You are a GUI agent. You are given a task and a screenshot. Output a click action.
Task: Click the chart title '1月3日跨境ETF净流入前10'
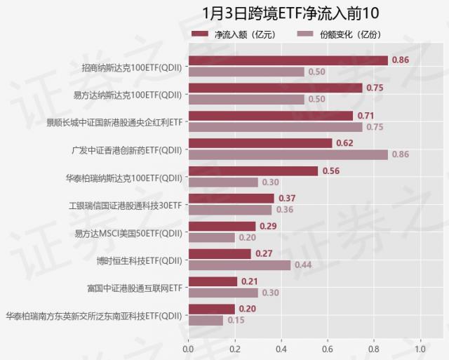(x=280, y=13)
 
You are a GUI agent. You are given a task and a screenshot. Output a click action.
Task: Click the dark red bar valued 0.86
(x=288, y=60)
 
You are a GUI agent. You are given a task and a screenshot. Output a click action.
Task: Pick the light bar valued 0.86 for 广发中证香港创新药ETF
(x=288, y=154)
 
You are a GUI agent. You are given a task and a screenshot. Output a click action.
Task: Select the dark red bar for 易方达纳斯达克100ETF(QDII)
(x=275, y=88)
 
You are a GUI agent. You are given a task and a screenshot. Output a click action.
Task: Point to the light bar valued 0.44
(x=239, y=265)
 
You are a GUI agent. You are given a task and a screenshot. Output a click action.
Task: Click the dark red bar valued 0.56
(x=253, y=171)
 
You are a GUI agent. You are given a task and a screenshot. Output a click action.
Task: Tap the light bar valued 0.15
(x=206, y=320)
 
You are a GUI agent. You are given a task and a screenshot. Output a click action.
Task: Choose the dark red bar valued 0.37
(x=231, y=198)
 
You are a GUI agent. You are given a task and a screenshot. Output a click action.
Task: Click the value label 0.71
(x=366, y=115)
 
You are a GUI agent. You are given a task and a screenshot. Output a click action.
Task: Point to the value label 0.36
(x=285, y=209)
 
